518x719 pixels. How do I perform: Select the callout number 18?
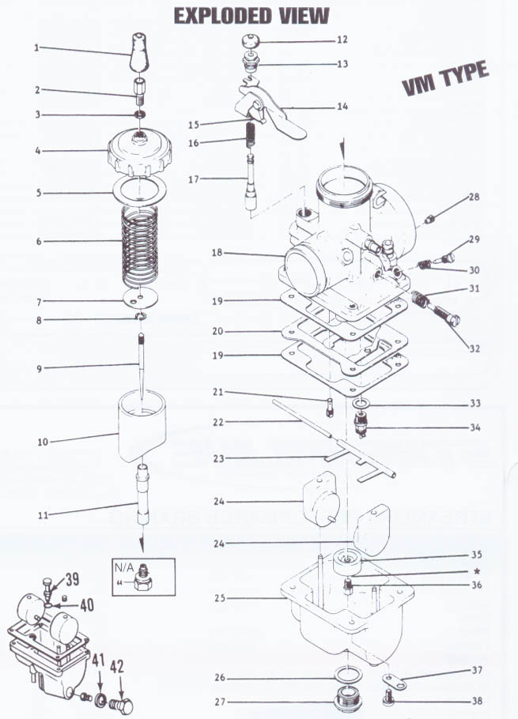[x=217, y=253]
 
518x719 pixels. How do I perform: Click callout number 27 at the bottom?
[x=219, y=701]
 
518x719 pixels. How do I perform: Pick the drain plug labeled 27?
[x=346, y=700]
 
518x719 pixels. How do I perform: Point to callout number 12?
[x=341, y=39]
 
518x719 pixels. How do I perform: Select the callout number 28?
[x=474, y=196]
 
